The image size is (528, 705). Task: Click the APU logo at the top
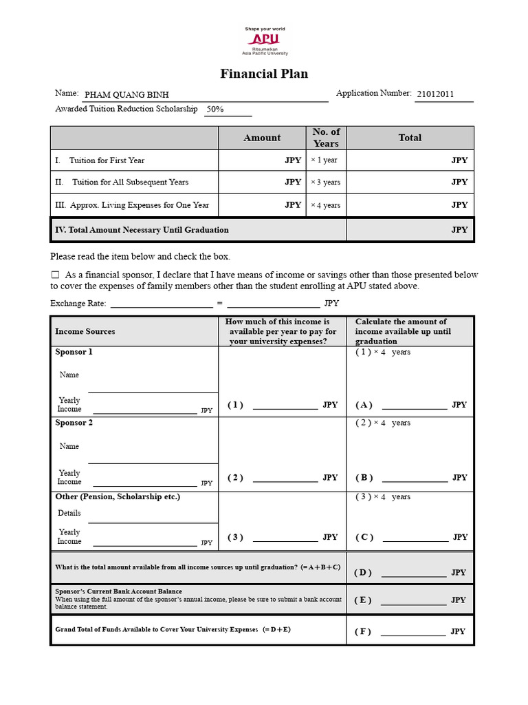(x=264, y=41)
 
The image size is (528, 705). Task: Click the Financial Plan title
(x=264, y=74)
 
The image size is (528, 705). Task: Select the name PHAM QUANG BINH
(x=126, y=95)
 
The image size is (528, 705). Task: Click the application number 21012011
(x=435, y=95)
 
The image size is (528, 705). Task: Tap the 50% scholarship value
(x=214, y=109)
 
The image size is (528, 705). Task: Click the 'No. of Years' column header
(x=326, y=138)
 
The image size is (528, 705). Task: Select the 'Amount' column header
(x=262, y=138)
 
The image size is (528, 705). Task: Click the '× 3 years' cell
(x=325, y=182)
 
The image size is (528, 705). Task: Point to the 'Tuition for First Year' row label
(x=107, y=160)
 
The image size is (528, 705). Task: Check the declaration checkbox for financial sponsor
(x=56, y=275)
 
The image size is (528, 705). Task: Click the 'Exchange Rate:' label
(x=78, y=303)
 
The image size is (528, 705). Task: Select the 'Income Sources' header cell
(x=85, y=331)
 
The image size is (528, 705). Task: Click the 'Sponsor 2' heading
(x=74, y=423)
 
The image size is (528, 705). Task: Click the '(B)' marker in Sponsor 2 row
(x=364, y=477)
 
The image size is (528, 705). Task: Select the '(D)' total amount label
(x=362, y=572)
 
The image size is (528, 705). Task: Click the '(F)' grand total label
(x=362, y=631)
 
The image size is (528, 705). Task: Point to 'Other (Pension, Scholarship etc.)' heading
(x=118, y=496)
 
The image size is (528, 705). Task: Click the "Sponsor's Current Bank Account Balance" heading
(x=119, y=591)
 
